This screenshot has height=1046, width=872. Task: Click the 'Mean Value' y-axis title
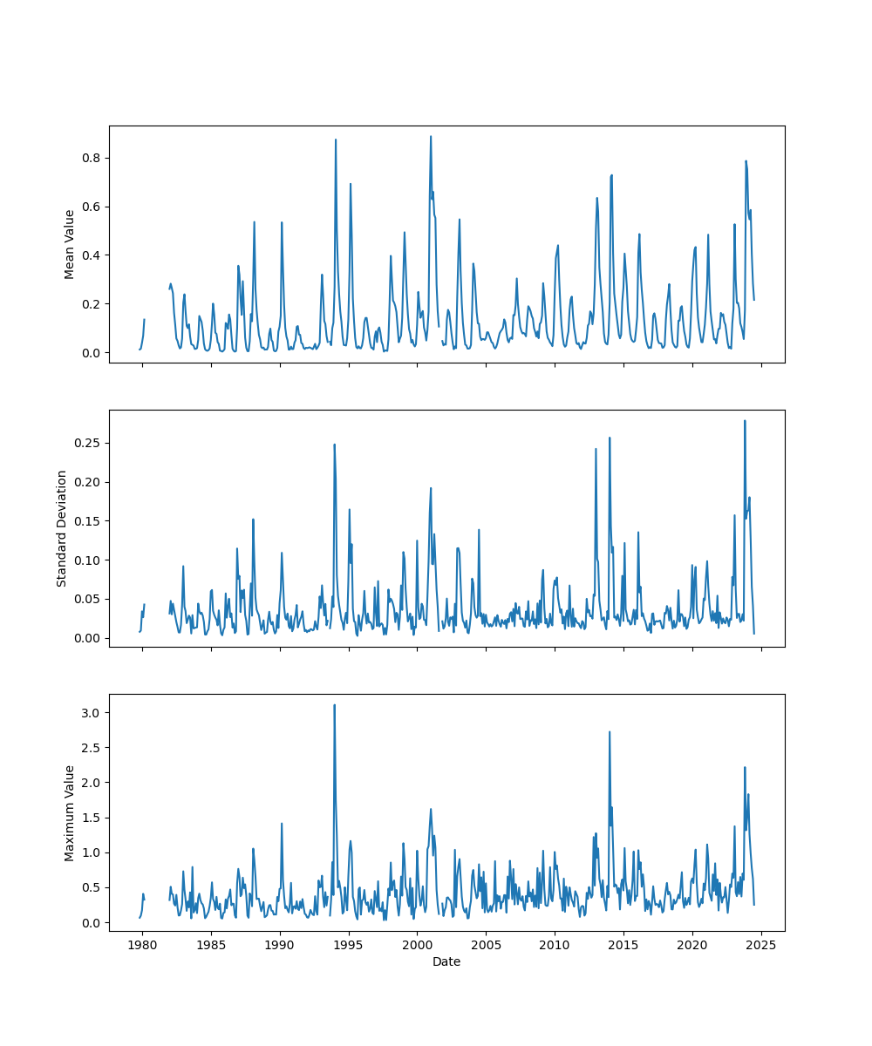tap(70, 244)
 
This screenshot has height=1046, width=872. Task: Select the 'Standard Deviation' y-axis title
tap(62, 528)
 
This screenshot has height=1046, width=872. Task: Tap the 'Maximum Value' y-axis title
tap(70, 812)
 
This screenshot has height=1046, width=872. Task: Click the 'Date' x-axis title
tap(446, 962)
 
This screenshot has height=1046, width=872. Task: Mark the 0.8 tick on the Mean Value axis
tap(92, 158)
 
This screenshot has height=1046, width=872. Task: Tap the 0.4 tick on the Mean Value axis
tap(92, 255)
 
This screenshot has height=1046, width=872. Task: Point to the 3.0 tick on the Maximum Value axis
tap(92, 712)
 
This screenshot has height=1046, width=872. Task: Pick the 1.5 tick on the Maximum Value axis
tap(92, 818)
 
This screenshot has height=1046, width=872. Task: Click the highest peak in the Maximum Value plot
tap(334, 705)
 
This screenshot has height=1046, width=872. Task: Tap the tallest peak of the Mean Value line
tap(430, 136)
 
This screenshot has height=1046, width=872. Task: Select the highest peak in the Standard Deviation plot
tap(745, 421)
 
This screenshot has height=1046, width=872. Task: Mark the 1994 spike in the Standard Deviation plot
tap(334, 445)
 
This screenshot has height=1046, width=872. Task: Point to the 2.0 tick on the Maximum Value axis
tap(92, 783)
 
